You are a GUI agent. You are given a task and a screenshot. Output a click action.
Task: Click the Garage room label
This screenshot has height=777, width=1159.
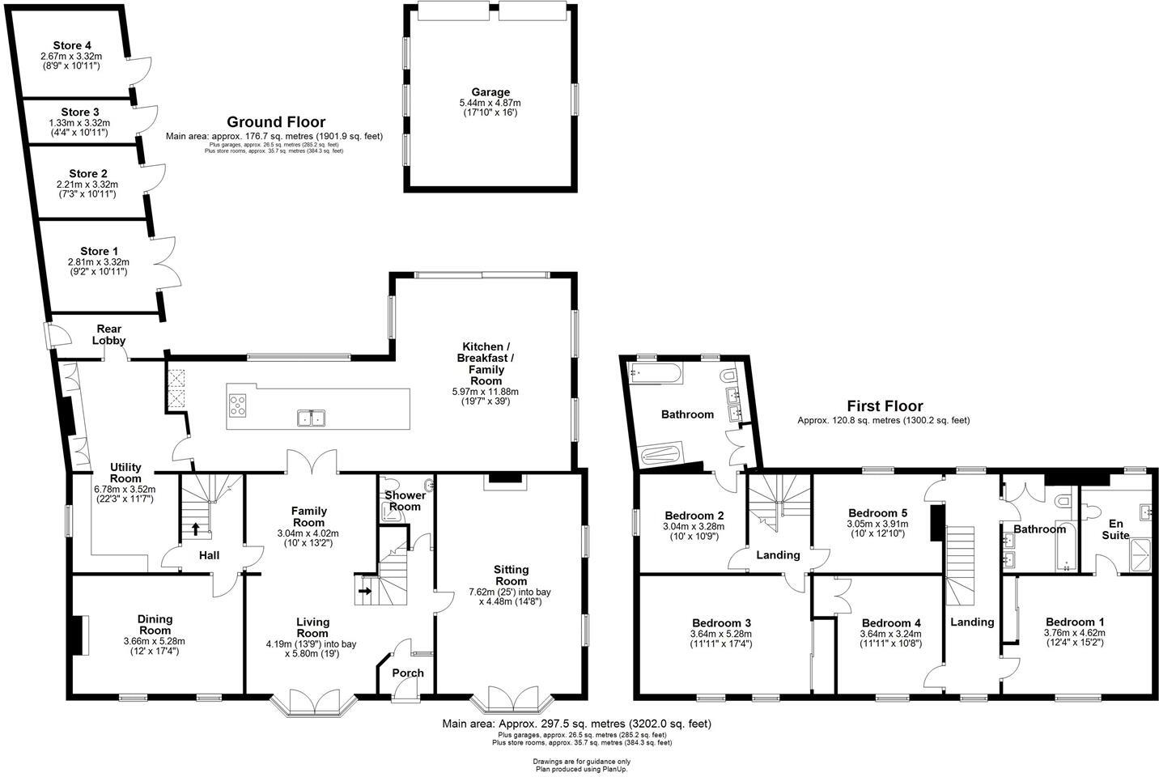490,92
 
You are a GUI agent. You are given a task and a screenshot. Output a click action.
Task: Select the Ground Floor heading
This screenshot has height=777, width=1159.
275,122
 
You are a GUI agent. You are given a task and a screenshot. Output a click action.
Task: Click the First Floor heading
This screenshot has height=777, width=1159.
884,406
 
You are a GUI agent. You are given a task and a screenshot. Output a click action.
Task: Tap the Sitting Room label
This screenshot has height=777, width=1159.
511,575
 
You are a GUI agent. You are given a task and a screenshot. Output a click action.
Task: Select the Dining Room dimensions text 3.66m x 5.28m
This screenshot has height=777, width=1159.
155,641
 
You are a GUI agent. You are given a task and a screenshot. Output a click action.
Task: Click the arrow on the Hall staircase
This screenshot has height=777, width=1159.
195,529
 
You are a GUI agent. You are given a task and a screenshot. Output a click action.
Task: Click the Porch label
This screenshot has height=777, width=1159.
408,673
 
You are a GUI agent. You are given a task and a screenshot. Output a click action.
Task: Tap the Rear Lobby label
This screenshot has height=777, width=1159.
109,335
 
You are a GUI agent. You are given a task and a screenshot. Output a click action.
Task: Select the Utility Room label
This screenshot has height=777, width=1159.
125,473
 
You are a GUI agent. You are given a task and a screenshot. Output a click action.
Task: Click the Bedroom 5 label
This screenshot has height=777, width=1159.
877,512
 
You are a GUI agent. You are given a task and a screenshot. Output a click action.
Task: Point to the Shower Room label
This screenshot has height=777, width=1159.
402,501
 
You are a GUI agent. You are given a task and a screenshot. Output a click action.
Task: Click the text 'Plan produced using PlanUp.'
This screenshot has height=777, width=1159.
581,769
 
